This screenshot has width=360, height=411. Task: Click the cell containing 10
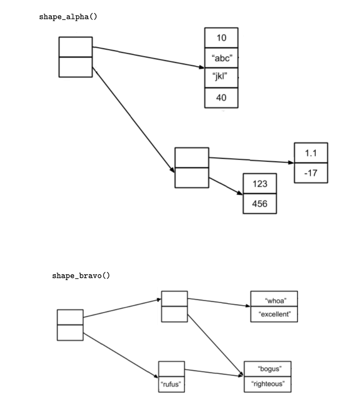pyautogui.click(x=221, y=38)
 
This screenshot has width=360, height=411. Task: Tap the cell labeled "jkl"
pyautogui.click(x=221, y=77)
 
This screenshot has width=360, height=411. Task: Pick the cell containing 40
pyautogui.click(x=221, y=98)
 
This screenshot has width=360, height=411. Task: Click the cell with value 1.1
pyautogui.click(x=311, y=153)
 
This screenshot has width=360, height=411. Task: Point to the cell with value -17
pyautogui.click(x=311, y=173)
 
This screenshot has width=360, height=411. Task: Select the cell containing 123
pyautogui.click(x=260, y=183)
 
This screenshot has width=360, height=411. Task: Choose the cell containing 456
pyautogui.click(x=260, y=203)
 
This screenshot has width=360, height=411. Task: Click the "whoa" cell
pyautogui.click(x=274, y=299)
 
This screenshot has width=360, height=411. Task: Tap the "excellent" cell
pyautogui.click(x=274, y=314)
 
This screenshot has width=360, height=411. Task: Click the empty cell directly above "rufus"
pyautogui.click(x=172, y=369)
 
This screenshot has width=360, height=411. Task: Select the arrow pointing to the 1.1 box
pyautogui.click(x=251, y=160)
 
